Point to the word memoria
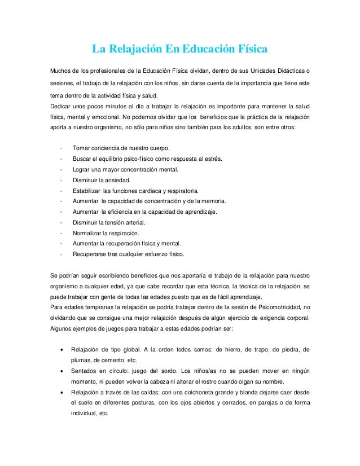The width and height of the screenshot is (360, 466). coord(212,201)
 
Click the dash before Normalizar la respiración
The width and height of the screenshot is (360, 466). coord(60,233)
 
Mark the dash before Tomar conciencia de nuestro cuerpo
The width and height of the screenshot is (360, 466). coord(60,148)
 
